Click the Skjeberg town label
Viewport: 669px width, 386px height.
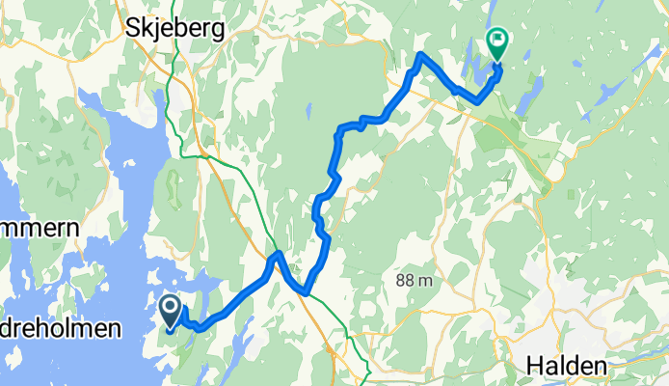(x=175, y=28)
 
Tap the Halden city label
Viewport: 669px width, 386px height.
(x=568, y=367)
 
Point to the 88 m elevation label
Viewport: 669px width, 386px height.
(x=417, y=280)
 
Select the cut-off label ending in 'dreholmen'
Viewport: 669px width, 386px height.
(x=60, y=329)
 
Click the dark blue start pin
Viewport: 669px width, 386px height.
(x=171, y=312)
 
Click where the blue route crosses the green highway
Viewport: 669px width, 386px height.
(x=278, y=257)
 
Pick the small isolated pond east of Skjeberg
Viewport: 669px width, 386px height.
(x=309, y=108)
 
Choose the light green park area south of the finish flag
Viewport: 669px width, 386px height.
(x=506, y=130)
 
